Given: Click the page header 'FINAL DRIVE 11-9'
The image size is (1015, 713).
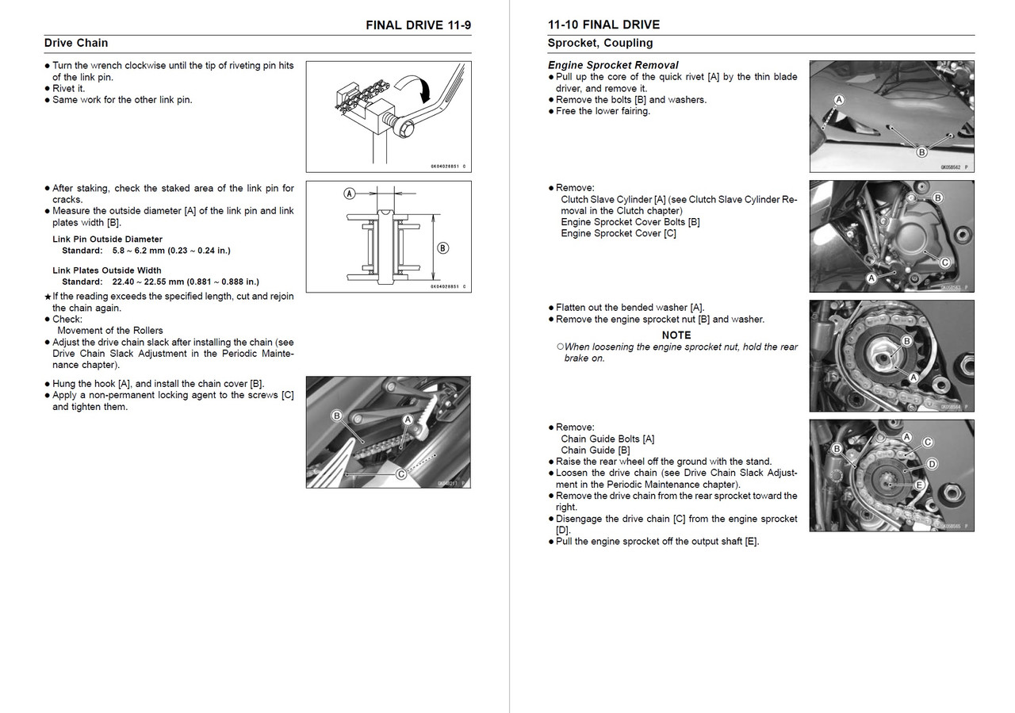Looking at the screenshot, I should [418, 25].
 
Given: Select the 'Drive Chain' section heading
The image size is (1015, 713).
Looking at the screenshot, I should [76, 43].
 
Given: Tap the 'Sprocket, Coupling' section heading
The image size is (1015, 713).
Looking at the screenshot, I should [600, 43].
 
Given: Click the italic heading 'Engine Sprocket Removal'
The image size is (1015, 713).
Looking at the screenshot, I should [613, 65].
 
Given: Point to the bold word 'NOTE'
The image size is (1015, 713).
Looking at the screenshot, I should [676, 335].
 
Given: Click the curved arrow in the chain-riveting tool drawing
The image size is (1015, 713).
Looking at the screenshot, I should [420, 88].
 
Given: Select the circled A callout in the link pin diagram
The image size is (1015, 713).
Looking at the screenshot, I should [349, 193].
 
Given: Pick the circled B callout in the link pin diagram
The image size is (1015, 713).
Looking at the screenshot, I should [442, 247].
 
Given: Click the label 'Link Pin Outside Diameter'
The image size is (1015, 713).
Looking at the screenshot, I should [107, 239].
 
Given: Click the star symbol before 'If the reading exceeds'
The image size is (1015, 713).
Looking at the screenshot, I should [48, 297].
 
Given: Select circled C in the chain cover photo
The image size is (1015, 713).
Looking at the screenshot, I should [401, 474].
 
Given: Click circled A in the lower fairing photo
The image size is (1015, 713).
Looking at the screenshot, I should [839, 100].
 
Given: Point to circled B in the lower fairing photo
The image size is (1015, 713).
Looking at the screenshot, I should [921, 152].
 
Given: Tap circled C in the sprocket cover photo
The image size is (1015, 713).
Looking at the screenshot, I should [944, 263].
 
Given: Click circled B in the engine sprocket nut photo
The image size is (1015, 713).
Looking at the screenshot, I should [907, 341].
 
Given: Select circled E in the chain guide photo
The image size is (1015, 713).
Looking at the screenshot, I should [919, 485].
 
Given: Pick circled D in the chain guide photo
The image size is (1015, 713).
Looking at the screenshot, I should [932, 463].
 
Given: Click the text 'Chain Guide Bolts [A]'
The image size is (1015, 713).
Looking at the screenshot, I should [607, 439].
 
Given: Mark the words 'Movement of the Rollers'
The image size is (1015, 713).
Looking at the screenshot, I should [110, 331].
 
